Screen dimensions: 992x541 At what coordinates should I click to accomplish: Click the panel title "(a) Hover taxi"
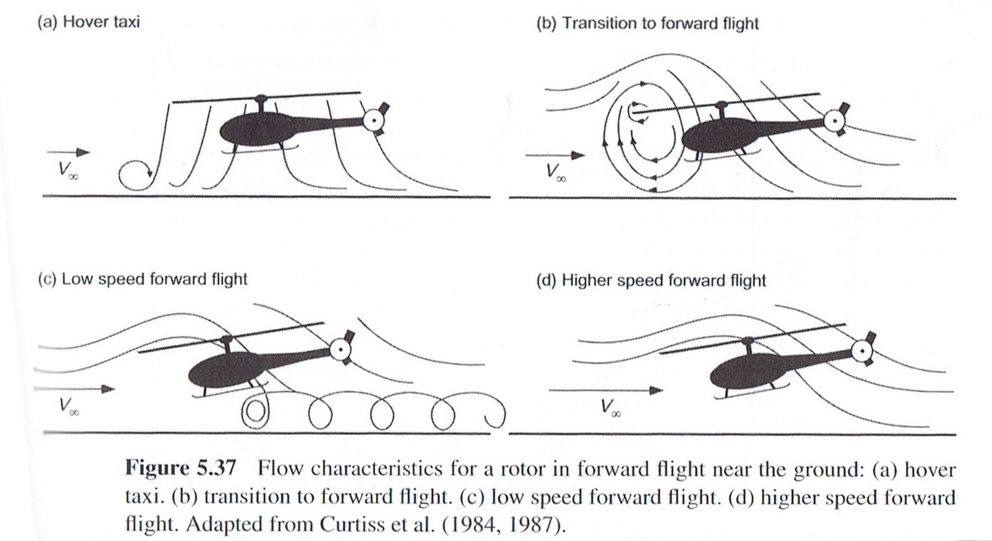88,22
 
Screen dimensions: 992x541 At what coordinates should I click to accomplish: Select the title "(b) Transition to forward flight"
647,23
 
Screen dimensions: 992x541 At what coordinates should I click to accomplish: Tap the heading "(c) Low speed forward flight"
143,279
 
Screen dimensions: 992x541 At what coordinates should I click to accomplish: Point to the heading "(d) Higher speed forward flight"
650,280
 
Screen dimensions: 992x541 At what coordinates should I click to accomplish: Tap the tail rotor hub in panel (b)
834,121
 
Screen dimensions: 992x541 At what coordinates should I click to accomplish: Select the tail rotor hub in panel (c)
341,350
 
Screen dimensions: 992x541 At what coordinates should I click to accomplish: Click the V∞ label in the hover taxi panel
68,170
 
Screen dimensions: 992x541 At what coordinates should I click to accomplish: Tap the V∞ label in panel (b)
556,173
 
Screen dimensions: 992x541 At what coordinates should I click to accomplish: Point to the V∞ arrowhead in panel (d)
657,390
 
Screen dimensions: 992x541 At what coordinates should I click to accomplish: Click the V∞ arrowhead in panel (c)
108,389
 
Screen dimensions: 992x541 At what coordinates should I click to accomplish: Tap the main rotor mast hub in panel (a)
261,98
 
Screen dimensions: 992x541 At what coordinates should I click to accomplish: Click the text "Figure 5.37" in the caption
181,468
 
